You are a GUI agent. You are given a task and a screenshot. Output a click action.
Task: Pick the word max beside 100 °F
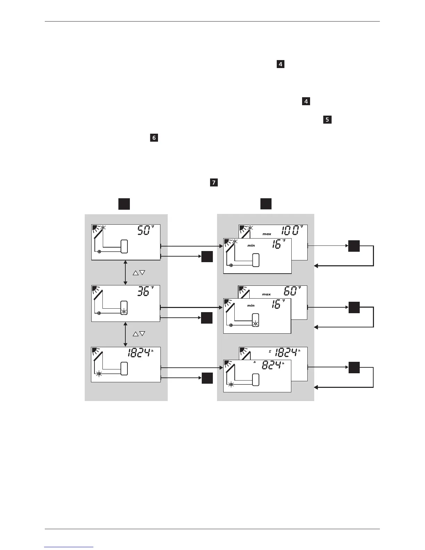(267, 234)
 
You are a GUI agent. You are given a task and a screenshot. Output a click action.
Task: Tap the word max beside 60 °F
(266, 294)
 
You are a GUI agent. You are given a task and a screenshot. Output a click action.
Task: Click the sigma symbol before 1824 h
(270, 351)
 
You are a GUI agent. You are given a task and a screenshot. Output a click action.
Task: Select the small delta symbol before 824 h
(255, 362)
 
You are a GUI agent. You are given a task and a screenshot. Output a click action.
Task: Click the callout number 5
(327, 120)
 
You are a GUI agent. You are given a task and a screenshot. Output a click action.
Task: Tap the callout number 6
(154, 138)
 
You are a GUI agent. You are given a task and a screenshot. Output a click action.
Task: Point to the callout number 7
(214, 182)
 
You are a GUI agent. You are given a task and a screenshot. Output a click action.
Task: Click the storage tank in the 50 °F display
(124, 246)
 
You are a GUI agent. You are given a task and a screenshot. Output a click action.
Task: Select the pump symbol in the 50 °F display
(99, 252)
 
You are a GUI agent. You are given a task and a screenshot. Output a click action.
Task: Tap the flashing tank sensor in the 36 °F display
(124, 311)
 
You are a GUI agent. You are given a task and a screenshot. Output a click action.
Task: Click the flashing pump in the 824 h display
(231, 384)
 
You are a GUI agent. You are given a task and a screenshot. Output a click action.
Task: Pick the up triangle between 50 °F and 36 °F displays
(135, 273)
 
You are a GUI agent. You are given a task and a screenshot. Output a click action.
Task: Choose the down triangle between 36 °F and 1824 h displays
(142, 334)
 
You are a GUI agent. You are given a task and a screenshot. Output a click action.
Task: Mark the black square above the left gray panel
(124, 204)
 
